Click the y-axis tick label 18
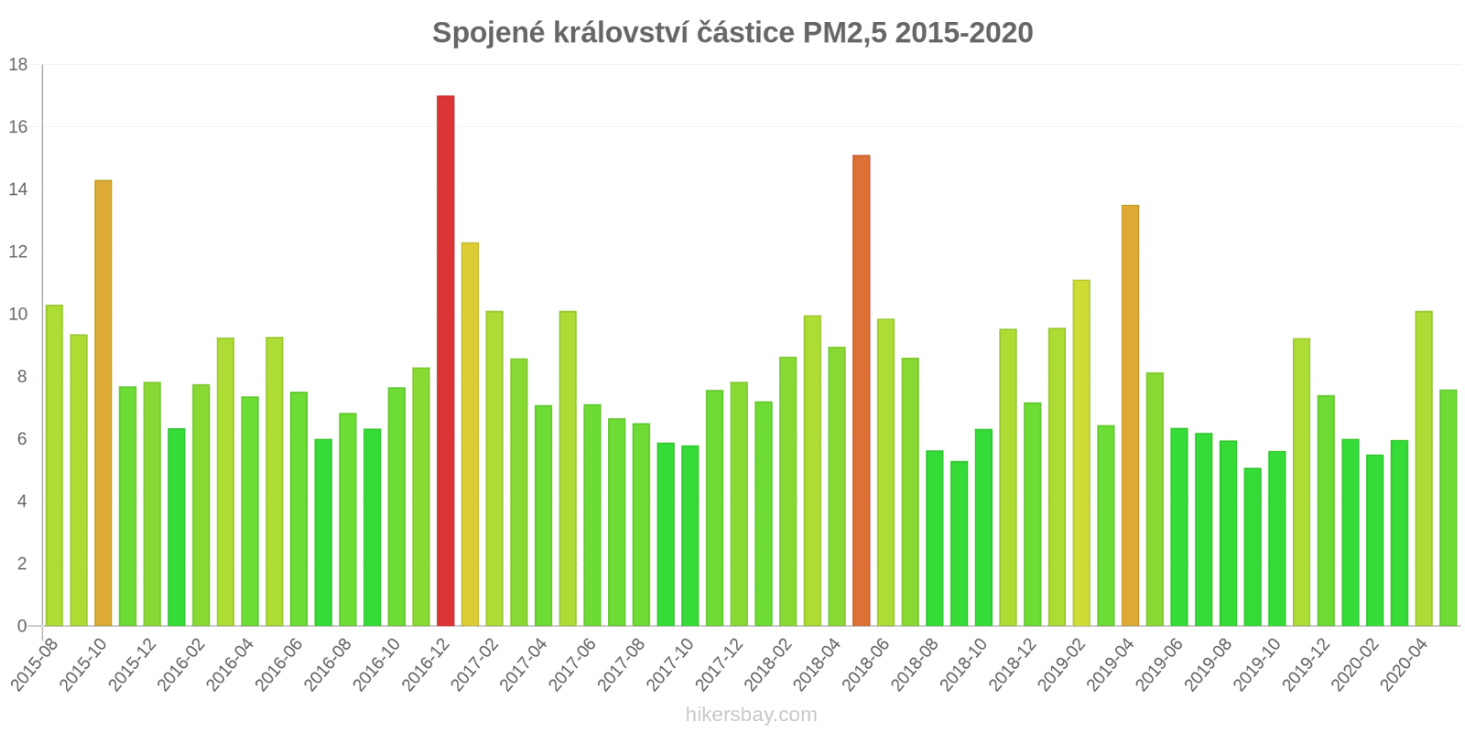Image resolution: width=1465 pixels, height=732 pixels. pyautogui.click(x=18, y=65)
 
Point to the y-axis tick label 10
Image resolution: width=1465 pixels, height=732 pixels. pyautogui.click(x=18, y=315)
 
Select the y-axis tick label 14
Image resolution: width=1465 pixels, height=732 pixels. pyautogui.click(x=18, y=190)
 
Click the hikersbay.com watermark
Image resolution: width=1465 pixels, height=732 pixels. pyautogui.click(x=751, y=715)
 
